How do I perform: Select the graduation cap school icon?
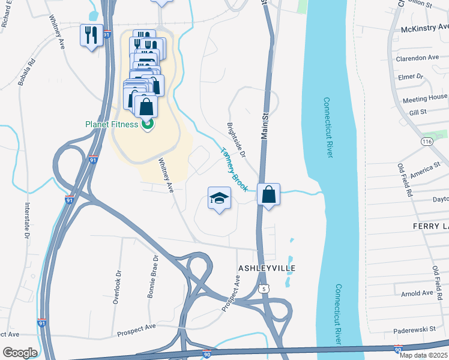coord(220,198)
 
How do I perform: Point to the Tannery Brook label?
coord(234,170)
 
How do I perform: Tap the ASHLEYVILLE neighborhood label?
coord(268,267)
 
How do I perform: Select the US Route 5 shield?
coord(264,289)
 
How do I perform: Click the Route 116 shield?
coord(427,141)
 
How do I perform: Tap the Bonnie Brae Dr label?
coord(152,277)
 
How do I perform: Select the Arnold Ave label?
coord(417,293)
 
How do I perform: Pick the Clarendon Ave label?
coord(417,58)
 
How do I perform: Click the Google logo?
coord(20,353)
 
